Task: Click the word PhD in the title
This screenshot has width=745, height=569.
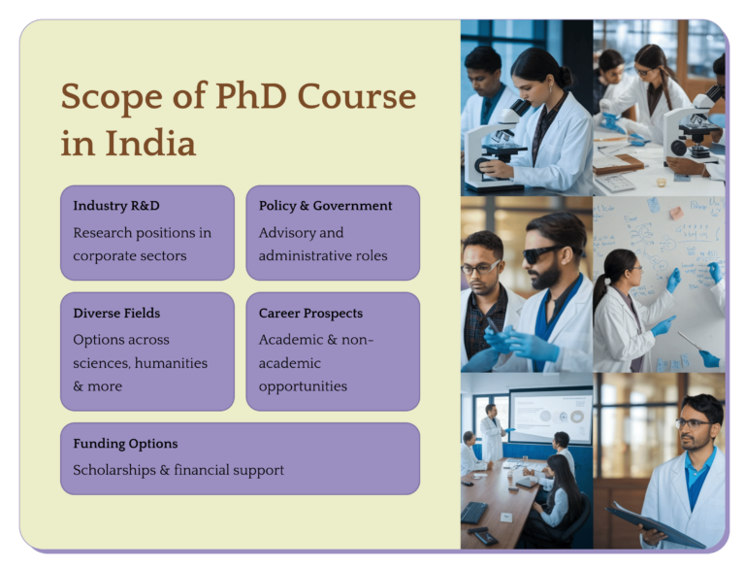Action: point(251,97)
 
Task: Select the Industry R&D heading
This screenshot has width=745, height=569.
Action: point(116,206)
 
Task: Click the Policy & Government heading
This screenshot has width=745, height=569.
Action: point(325,206)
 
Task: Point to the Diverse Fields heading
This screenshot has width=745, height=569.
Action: point(116,314)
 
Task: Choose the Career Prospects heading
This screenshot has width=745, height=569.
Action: point(310,314)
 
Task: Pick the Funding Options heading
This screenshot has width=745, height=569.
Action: point(125,444)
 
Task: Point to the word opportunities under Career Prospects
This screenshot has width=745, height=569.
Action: point(303,386)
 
